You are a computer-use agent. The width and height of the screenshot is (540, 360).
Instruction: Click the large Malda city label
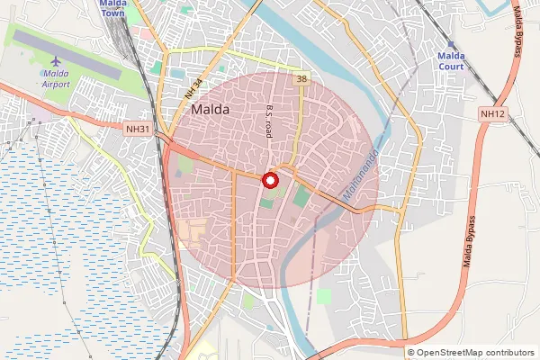click(211, 109)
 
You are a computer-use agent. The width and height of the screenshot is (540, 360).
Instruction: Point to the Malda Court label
click(451, 60)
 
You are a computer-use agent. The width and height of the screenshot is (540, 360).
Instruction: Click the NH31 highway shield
click(138, 130)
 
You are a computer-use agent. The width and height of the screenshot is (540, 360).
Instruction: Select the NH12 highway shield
click(492, 113)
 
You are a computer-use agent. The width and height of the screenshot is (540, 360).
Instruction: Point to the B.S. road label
click(268, 121)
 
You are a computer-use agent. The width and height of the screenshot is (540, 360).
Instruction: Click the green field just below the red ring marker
click(268, 201)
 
